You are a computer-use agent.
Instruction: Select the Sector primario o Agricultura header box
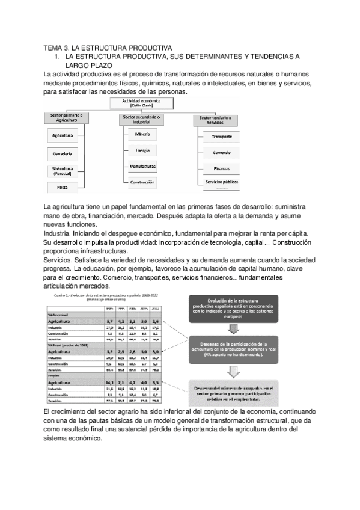click(67, 118)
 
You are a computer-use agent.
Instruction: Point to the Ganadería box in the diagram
click(63, 154)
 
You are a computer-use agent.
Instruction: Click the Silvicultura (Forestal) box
click(63, 171)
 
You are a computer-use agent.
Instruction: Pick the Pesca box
click(63, 188)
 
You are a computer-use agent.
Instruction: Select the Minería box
click(142, 135)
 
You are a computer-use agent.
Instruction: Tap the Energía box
click(142, 150)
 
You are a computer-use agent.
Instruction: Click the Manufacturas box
click(142, 166)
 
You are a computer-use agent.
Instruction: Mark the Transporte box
click(222, 137)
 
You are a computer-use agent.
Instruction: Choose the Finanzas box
click(222, 168)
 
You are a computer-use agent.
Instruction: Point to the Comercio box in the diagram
click(222, 153)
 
